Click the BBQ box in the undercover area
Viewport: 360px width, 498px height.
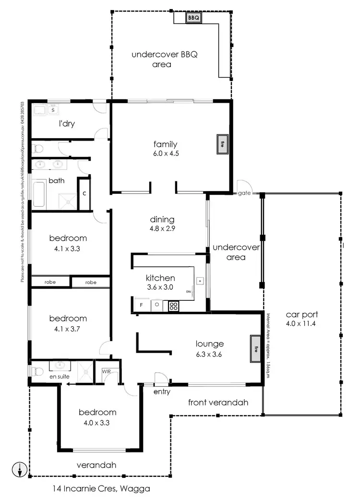(x=193, y=18)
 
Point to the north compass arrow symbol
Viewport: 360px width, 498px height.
(x=19, y=469)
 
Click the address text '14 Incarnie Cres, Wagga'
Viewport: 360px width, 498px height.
(x=101, y=489)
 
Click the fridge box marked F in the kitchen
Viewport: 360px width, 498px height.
(x=141, y=305)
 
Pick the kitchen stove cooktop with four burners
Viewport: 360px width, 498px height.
(x=173, y=306)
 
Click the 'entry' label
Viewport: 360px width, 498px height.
(x=162, y=392)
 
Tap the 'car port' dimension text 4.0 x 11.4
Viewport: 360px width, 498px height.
(x=301, y=324)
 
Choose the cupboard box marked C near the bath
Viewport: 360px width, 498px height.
(x=84, y=194)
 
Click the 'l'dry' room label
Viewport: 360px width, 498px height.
(x=67, y=124)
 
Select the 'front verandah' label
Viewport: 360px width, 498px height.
(x=218, y=403)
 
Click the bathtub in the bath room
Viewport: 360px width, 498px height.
(x=39, y=193)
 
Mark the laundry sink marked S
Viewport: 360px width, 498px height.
(x=53, y=110)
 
